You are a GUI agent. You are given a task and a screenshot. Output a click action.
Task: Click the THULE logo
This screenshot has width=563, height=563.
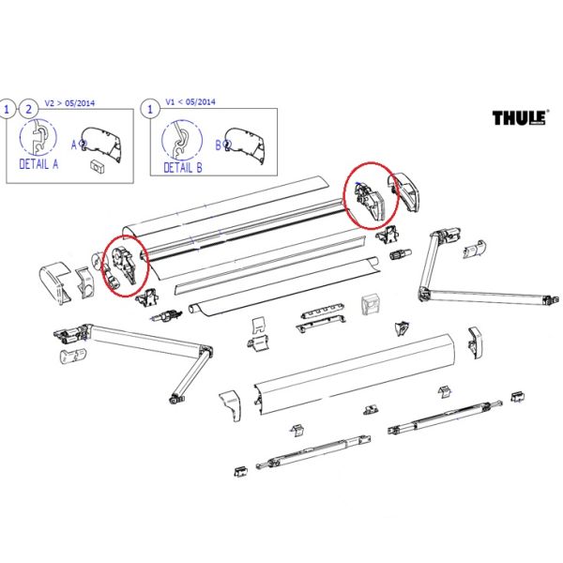[520, 117]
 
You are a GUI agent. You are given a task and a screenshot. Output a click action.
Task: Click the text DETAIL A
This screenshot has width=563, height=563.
[38, 164]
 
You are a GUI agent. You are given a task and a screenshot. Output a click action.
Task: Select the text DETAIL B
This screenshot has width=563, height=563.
[183, 167]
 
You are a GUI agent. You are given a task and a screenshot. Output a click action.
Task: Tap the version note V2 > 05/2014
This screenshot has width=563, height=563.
[69, 103]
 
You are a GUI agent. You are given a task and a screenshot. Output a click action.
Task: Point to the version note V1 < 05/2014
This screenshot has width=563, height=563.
[190, 102]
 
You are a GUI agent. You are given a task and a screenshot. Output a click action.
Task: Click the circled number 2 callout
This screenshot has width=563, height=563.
[29, 109]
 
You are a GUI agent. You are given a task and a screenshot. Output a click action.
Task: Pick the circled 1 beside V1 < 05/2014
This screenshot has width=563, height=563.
[150, 109]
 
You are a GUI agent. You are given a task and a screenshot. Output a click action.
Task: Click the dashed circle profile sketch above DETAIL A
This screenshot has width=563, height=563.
[38, 138]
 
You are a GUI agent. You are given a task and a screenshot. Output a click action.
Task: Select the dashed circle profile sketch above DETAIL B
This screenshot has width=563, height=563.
[182, 140]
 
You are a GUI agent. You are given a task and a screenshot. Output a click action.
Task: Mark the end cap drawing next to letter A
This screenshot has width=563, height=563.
[101, 145]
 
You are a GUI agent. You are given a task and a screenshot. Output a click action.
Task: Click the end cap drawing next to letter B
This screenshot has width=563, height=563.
[245, 145]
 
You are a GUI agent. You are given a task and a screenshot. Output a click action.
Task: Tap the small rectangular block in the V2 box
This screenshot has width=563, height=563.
[97, 167]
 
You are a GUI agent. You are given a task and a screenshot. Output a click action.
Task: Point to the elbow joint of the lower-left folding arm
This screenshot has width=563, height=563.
[206, 350]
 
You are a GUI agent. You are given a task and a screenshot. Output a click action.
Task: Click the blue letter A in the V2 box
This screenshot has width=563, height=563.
[74, 145]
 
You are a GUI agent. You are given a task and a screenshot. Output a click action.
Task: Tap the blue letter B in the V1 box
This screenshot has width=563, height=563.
[219, 145]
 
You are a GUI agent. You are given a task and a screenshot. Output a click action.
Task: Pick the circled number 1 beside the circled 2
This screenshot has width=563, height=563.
[7, 109]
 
